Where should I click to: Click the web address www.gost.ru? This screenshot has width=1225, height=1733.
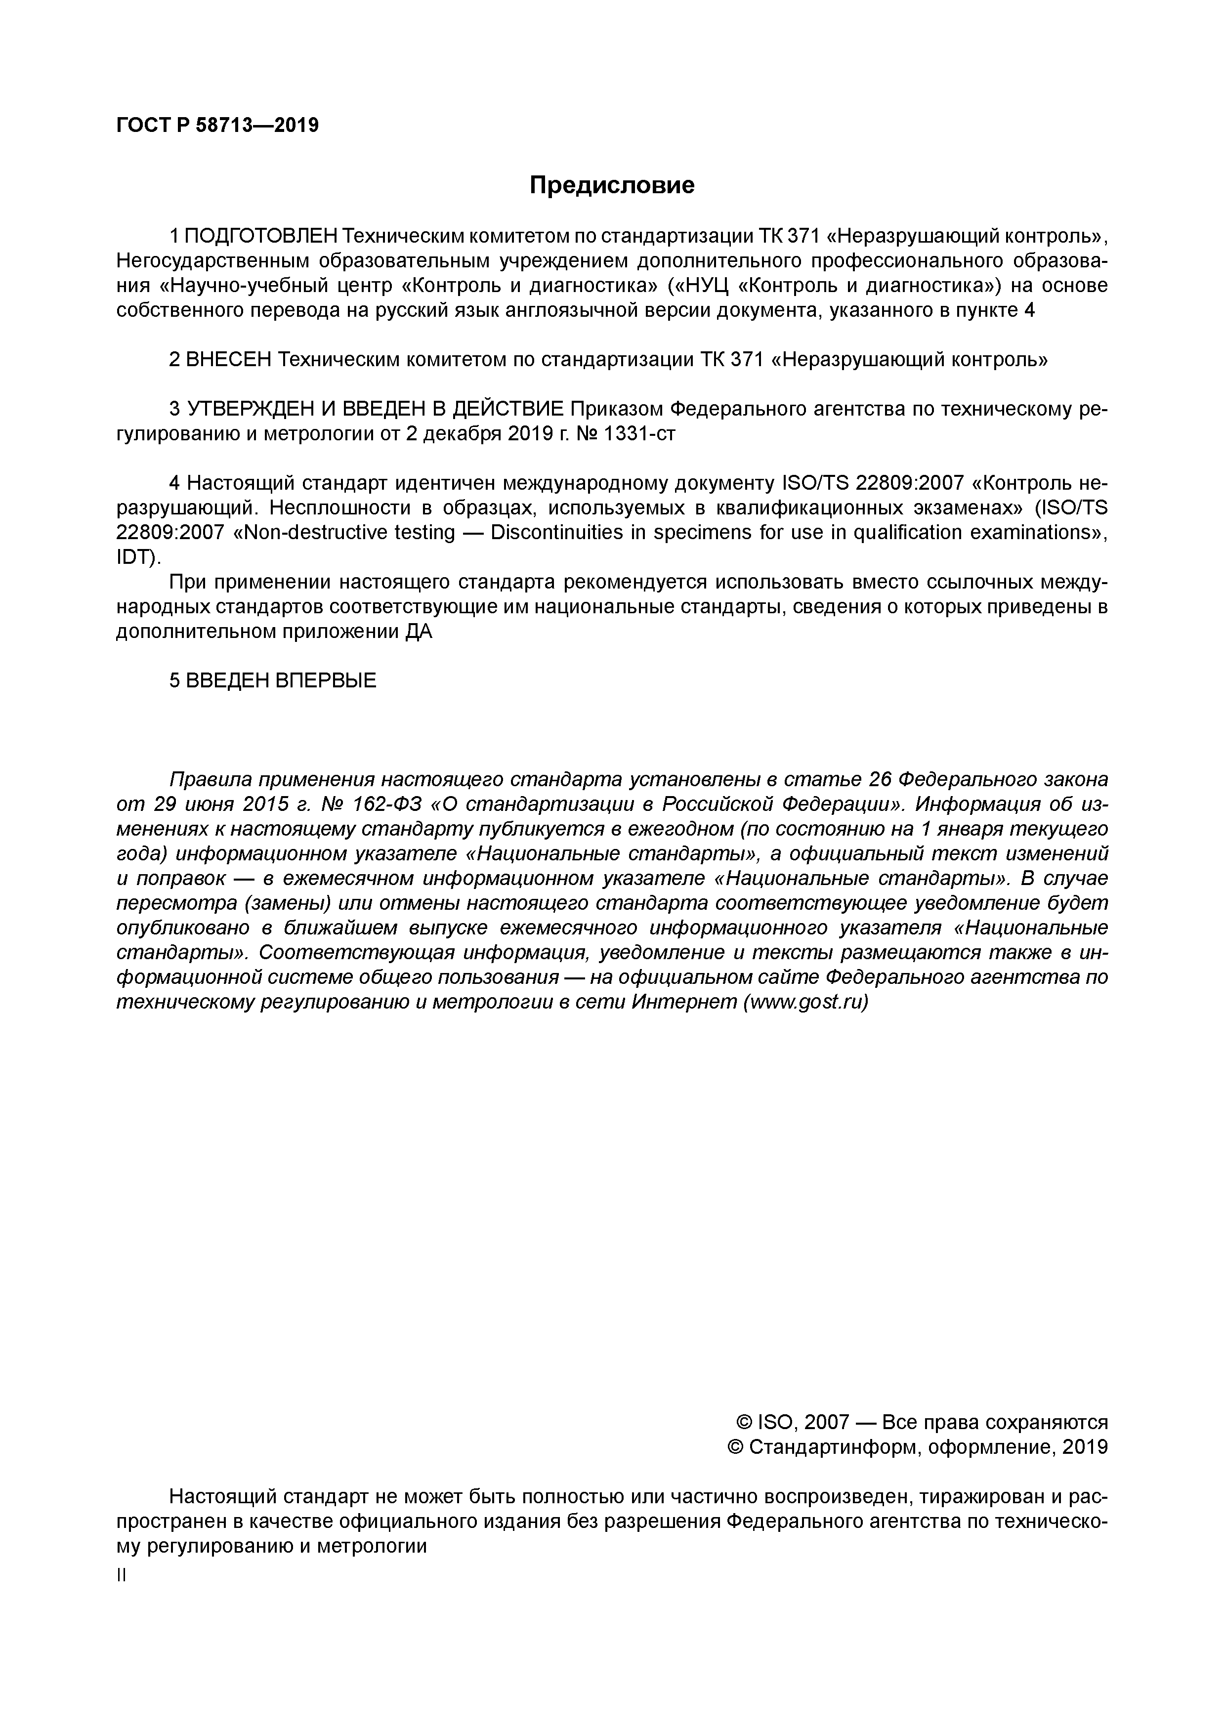pos(805,1002)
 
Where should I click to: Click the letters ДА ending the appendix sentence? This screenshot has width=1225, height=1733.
pos(419,632)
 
